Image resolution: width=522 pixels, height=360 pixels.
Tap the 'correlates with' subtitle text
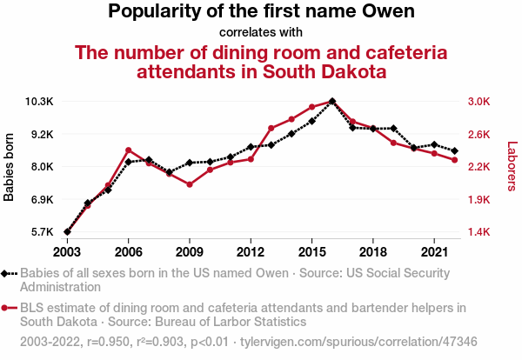click(x=261, y=33)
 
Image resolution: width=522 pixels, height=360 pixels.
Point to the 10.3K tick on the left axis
click(x=39, y=102)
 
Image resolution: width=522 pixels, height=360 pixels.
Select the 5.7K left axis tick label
click(x=40, y=232)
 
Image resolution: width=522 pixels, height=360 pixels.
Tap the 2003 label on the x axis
click(x=67, y=251)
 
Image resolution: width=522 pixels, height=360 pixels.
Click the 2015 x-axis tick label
click(x=311, y=251)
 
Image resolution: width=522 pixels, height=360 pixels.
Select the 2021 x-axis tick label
click(x=433, y=251)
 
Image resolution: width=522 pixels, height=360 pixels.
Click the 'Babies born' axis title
click(x=10, y=167)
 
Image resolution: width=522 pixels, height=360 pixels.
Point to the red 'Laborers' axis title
click(x=512, y=167)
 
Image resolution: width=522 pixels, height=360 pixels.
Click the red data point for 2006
click(x=128, y=150)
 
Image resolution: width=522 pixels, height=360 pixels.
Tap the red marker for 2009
click(x=190, y=184)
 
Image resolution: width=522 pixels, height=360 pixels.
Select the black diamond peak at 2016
click(x=332, y=102)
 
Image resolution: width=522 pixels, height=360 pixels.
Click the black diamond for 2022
click(x=454, y=151)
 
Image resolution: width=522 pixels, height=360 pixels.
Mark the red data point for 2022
click(x=454, y=159)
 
